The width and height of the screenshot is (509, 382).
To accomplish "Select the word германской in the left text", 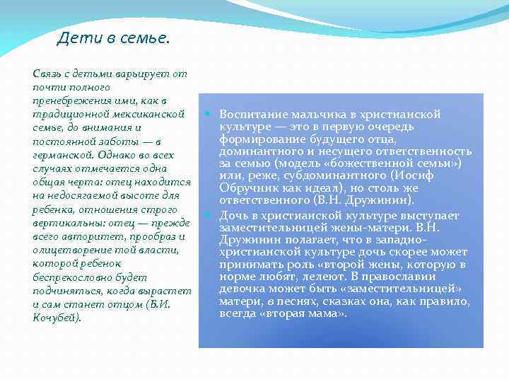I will coord(61,154).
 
